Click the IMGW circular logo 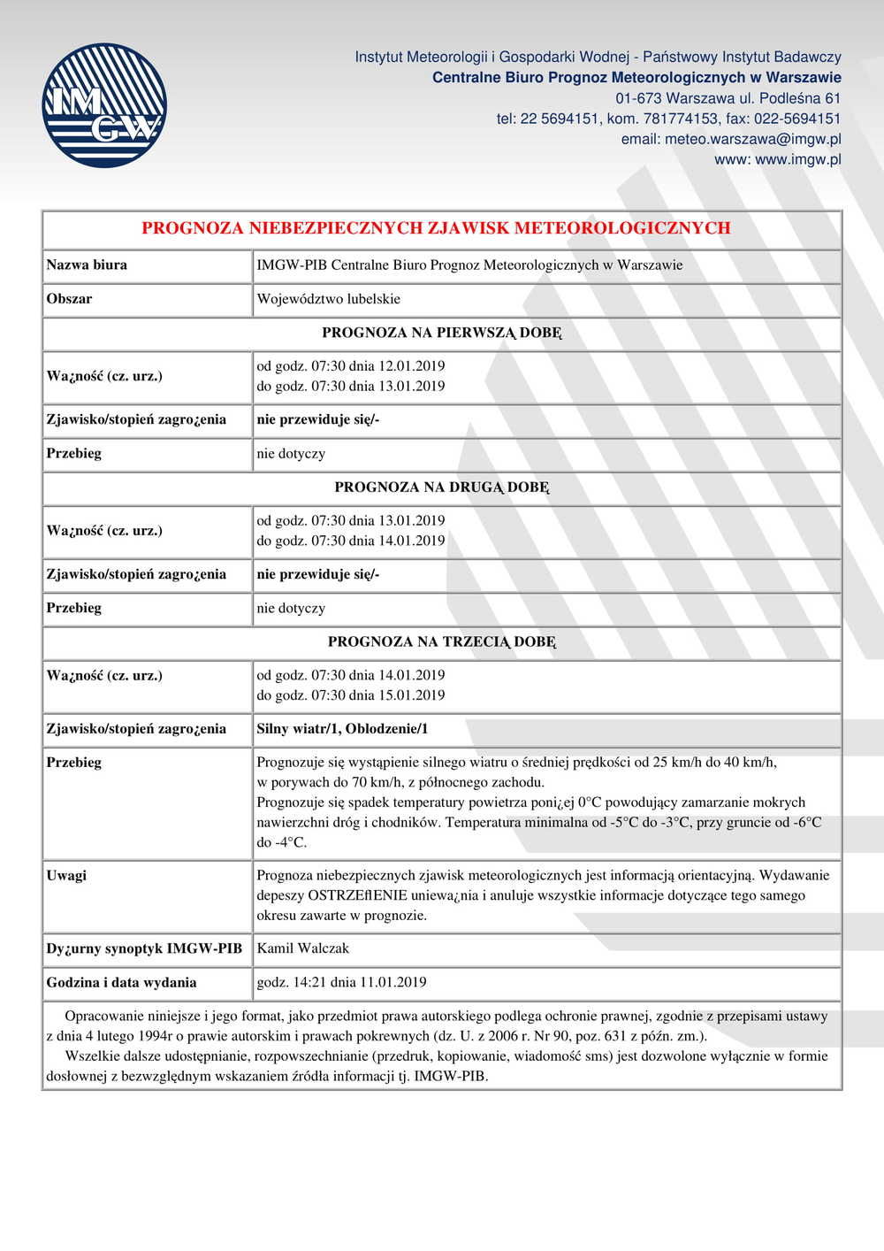point(104,105)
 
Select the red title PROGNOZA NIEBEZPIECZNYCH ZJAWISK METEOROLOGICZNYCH point(436,227)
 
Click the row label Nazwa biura point(87,265)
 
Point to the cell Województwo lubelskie point(328,299)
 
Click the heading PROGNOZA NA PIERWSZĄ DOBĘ point(441,333)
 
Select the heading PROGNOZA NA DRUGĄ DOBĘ point(441,487)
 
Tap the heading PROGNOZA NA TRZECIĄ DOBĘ point(441,641)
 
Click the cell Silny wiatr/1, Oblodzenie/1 point(342,729)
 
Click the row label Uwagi point(66,875)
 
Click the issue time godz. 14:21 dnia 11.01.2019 point(341,982)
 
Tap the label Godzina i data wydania point(121,982)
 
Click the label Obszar point(69,299)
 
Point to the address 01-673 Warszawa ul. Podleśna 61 point(728,98)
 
